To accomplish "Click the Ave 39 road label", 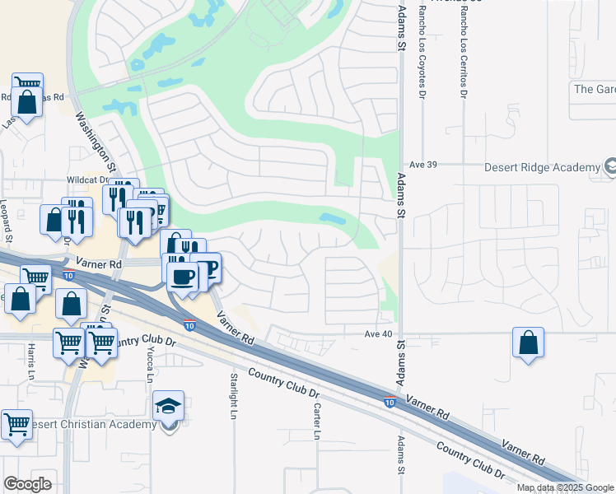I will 422,165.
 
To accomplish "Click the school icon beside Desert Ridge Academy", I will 610,167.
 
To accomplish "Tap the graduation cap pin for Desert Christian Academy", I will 168,406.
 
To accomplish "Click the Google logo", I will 27,484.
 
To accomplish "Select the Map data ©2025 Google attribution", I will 564,487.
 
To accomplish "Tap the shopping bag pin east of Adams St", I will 528,342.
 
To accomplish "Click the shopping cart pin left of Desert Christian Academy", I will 16,425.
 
